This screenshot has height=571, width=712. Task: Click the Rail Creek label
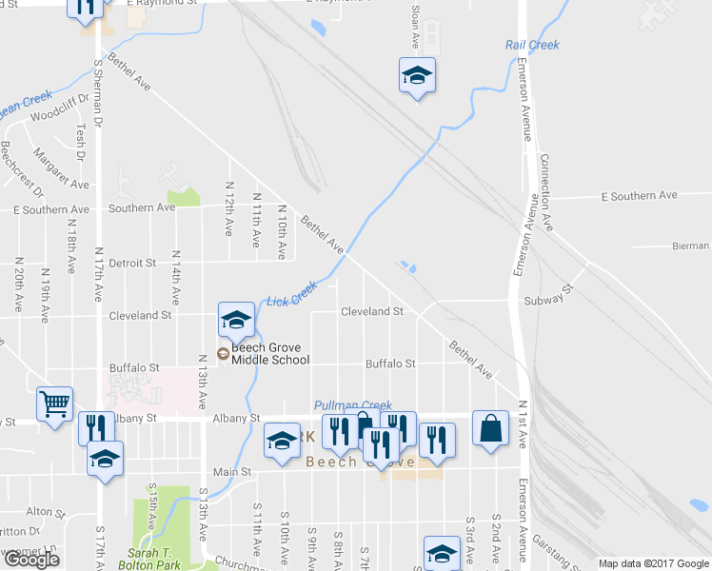(532, 45)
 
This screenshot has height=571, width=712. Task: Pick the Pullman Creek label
(352, 405)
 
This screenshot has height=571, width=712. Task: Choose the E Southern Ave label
(641, 195)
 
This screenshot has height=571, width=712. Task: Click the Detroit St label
(132, 263)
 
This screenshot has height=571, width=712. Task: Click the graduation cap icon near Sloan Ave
(417, 75)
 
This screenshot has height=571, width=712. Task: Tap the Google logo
(31, 559)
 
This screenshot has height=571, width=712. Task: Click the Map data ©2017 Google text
(653, 563)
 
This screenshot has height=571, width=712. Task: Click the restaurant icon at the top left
(86, 8)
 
